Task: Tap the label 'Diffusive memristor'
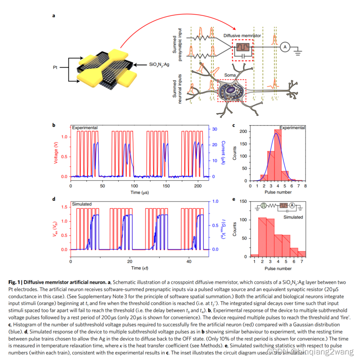click(x=242, y=36)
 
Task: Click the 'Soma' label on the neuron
click(x=229, y=75)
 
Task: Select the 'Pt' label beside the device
click(x=55, y=67)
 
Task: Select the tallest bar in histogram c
click(x=278, y=156)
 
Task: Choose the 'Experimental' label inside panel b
click(x=85, y=127)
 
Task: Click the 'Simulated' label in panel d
click(x=82, y=204)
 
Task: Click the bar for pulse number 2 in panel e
click(x=263, y=237)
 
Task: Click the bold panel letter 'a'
click(x=54, y=16)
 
